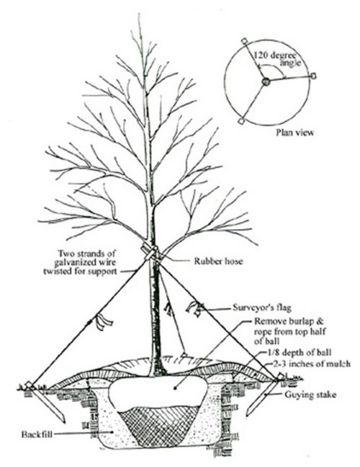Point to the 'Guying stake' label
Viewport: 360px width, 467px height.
[x=298, y=394]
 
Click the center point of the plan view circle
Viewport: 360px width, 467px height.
[x=266, y=82]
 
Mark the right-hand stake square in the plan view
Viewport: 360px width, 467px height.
[x=312, y=76]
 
